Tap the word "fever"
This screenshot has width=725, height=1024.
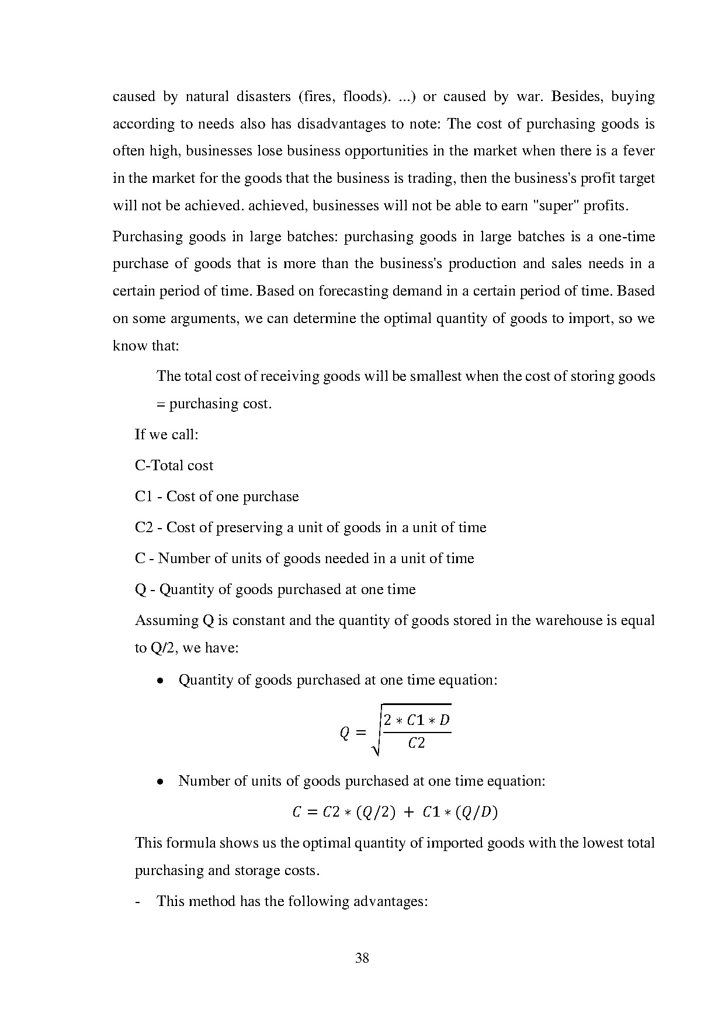(639, 151)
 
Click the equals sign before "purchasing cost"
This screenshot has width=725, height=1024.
(161, 404)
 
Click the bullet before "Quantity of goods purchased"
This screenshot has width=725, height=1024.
(160, 681)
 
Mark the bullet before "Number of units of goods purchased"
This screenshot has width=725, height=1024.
(160, 782)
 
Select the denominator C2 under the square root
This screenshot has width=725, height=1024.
(417, 744)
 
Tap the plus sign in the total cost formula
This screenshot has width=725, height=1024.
(409, 813)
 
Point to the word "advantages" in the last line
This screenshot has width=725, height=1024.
(390, 901)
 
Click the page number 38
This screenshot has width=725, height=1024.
(362, 958)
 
